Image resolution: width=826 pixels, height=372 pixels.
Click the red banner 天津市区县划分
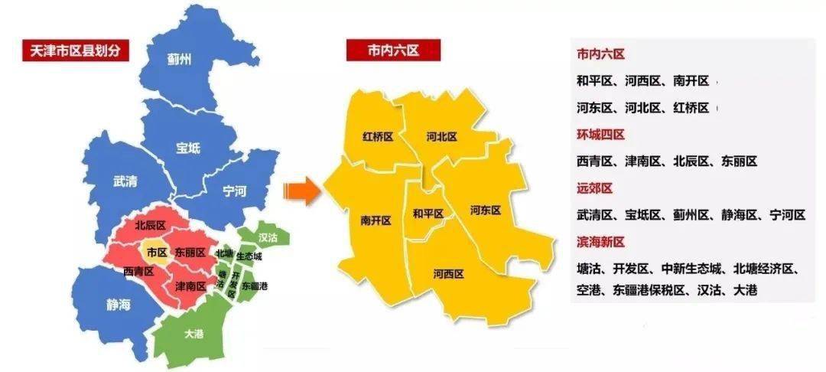(x=75, y=51)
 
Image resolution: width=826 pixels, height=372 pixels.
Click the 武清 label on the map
(x=125, y=182)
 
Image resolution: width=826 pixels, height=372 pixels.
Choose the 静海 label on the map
(x=119, y=305)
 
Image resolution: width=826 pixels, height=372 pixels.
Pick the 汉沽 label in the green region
(x=268, y=237)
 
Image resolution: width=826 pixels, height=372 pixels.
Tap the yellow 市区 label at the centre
(x=157, y=252)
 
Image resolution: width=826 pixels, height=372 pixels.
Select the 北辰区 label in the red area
(x=150, y=226)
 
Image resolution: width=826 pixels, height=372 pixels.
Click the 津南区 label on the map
(x=190, y=286)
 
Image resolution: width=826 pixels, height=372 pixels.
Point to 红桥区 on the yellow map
(x=378, y=137)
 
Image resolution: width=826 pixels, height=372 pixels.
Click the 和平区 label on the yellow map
(x=428, y=214)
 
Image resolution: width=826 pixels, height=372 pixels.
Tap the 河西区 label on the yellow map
(x=448, y=273)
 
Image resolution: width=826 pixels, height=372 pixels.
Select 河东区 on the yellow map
(x=485, y=210)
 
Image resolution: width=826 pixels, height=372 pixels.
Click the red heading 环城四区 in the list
(x=600, y=135)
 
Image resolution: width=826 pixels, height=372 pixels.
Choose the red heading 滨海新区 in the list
(x=600, y=242)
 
